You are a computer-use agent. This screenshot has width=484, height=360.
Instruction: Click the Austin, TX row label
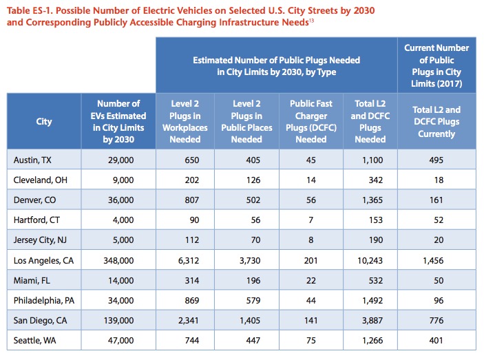[x=32, y=160]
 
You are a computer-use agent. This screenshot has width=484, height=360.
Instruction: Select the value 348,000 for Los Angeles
[x=118, y=261]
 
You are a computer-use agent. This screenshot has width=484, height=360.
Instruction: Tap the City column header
[x=44, y=121]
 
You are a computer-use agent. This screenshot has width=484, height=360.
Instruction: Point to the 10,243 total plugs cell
[x=370, y=261]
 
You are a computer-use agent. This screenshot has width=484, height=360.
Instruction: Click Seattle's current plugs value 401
[x=436, y=341]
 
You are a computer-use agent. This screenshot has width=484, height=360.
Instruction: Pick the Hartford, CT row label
[x=36, y=220]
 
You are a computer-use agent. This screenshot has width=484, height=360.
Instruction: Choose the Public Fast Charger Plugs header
[x=311, y=122]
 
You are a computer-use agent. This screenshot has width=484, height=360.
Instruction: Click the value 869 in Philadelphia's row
[x=192, y=301]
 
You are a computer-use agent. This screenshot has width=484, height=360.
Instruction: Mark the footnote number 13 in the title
[x=311, y=21]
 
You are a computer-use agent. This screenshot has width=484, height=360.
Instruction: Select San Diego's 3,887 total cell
[x=372, y=321]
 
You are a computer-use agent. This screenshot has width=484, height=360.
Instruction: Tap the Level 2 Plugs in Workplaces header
[x=185, y=122]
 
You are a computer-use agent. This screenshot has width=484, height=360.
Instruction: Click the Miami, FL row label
[x=32, y=281]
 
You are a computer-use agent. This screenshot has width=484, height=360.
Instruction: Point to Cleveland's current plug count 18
[x=439, y=180]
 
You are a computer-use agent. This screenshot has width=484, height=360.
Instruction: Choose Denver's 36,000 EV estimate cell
[x=121, y=200]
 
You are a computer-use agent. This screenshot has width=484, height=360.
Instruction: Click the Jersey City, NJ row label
[x=40, y=240]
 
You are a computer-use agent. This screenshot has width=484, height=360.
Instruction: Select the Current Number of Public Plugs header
[x=436, y=65]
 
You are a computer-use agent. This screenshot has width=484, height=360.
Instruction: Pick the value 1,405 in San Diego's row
[x=250, y=321]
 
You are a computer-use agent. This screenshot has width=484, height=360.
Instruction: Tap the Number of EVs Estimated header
[x=118, y=122]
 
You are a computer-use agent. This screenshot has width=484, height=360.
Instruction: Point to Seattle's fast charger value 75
[x=311, y=341]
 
